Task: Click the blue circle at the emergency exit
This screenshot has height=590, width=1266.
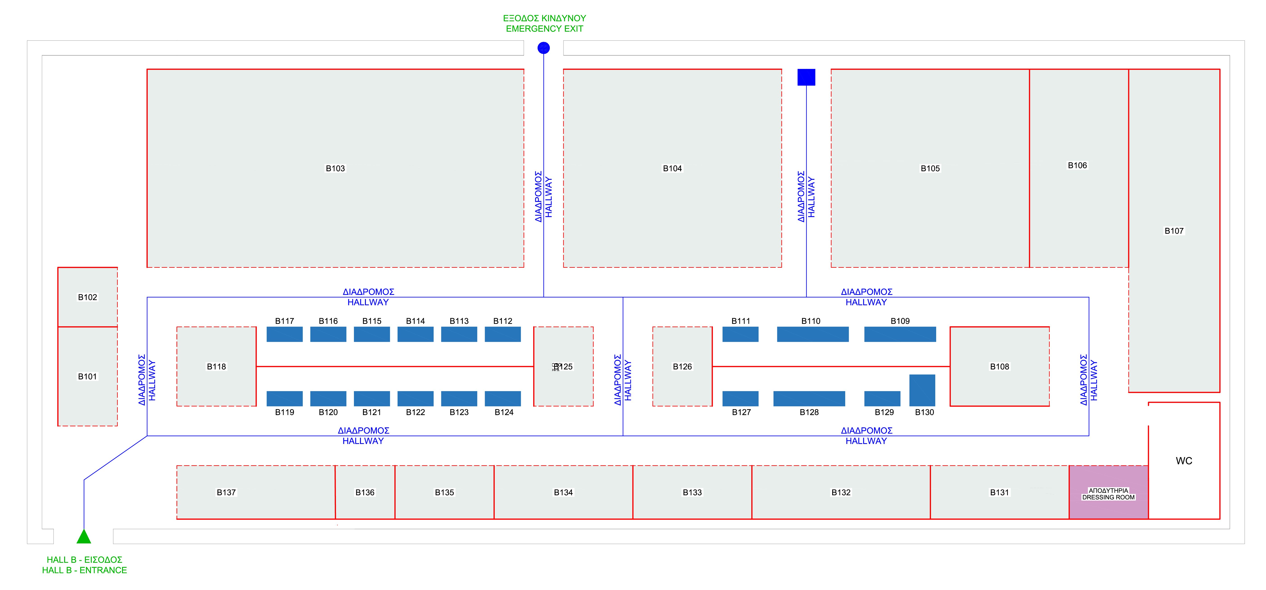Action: coord(544,48)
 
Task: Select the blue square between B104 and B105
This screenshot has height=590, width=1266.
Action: coord(806,77)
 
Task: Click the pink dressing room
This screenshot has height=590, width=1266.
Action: coord(1109,492)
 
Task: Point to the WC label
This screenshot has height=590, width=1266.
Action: coord(1184,461)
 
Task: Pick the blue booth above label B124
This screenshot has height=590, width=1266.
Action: coord(503,399)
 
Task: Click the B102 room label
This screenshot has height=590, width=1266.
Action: coord(88,297)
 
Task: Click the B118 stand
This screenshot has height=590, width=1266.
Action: coord(216,367)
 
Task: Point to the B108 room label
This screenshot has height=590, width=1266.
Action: coord(1000,367)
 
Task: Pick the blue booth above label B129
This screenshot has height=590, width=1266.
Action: coord(882,399)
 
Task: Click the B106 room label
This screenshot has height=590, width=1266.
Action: coord(1077,166)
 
